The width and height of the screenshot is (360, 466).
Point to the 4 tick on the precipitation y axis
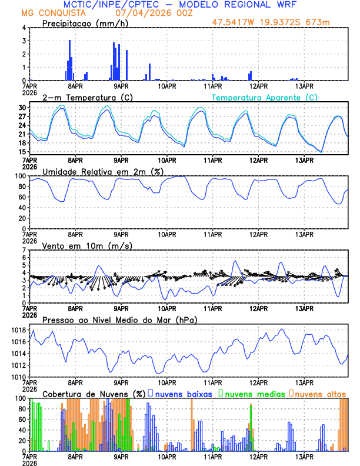pos(23,28)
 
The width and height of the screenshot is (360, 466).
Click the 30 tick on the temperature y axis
pos(21,108)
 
